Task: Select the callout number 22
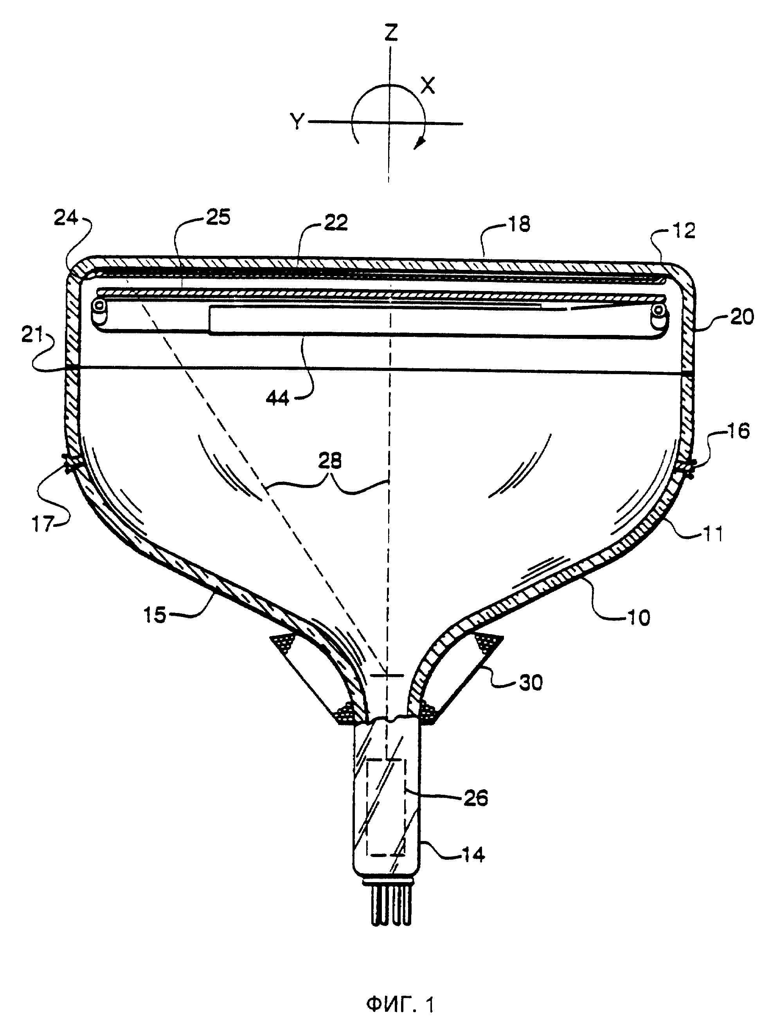pyautogui.click(x=336, y=223)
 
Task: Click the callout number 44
pyautogui.click(x=278, y=398)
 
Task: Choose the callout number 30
pyautogui.click(x=530, y=683)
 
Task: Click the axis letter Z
pyautogui.click(x=391, y=33)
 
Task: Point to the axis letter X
pyautogui.click(x=428, y=86)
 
